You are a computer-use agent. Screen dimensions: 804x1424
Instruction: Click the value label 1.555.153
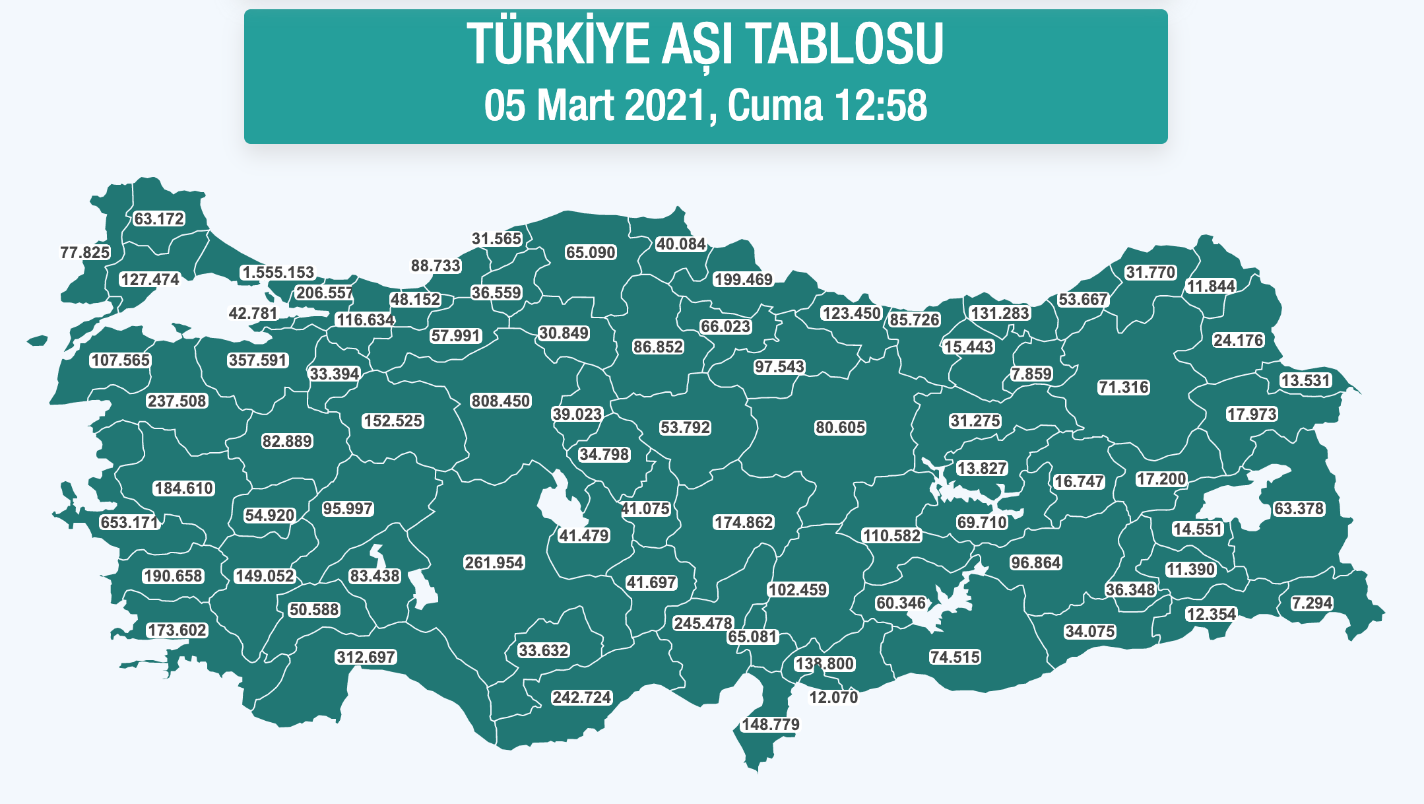278,273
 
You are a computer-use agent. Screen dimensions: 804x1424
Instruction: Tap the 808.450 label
500,401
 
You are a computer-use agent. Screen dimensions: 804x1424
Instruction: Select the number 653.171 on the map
129,522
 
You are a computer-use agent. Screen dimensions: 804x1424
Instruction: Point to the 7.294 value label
1312,603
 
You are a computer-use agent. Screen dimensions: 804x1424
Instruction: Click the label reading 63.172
159,218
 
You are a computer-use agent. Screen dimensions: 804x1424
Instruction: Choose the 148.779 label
770,724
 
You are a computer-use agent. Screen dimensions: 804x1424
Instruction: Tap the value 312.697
366,657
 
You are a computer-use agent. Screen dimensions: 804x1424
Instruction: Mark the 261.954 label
494,562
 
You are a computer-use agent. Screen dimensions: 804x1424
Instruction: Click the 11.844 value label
1211,286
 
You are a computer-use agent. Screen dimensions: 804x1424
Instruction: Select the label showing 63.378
1299,508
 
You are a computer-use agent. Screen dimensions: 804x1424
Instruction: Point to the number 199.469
743,279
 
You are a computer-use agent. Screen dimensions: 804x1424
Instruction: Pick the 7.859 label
1031,374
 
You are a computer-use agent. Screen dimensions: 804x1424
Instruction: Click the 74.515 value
955,657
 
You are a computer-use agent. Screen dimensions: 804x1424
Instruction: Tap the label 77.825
85,252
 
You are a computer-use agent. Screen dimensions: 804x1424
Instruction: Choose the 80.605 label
839,427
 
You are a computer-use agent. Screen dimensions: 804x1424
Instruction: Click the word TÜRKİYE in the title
558,44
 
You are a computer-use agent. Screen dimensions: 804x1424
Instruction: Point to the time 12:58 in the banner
881,106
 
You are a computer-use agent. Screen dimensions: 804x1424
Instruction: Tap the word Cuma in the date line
776,106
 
